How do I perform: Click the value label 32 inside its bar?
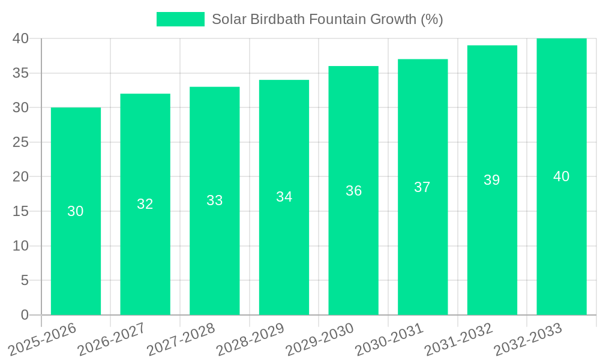tap(145, 204)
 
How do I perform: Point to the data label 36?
tap(354, 191)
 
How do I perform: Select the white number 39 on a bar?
tap(492, 180)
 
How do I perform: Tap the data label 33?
tap(215, 200)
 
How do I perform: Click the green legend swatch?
tap(180, 19)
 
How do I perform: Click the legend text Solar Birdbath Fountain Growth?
tap(327, 19)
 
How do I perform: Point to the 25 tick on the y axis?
tap(21, 142)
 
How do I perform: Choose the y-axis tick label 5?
tap(25, 280)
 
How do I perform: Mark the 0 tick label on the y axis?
tap(25, 315)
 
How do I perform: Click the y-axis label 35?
tap(21, 73)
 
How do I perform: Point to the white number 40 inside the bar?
tap(562, 176)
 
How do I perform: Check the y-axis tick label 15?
tap(21, 211)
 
